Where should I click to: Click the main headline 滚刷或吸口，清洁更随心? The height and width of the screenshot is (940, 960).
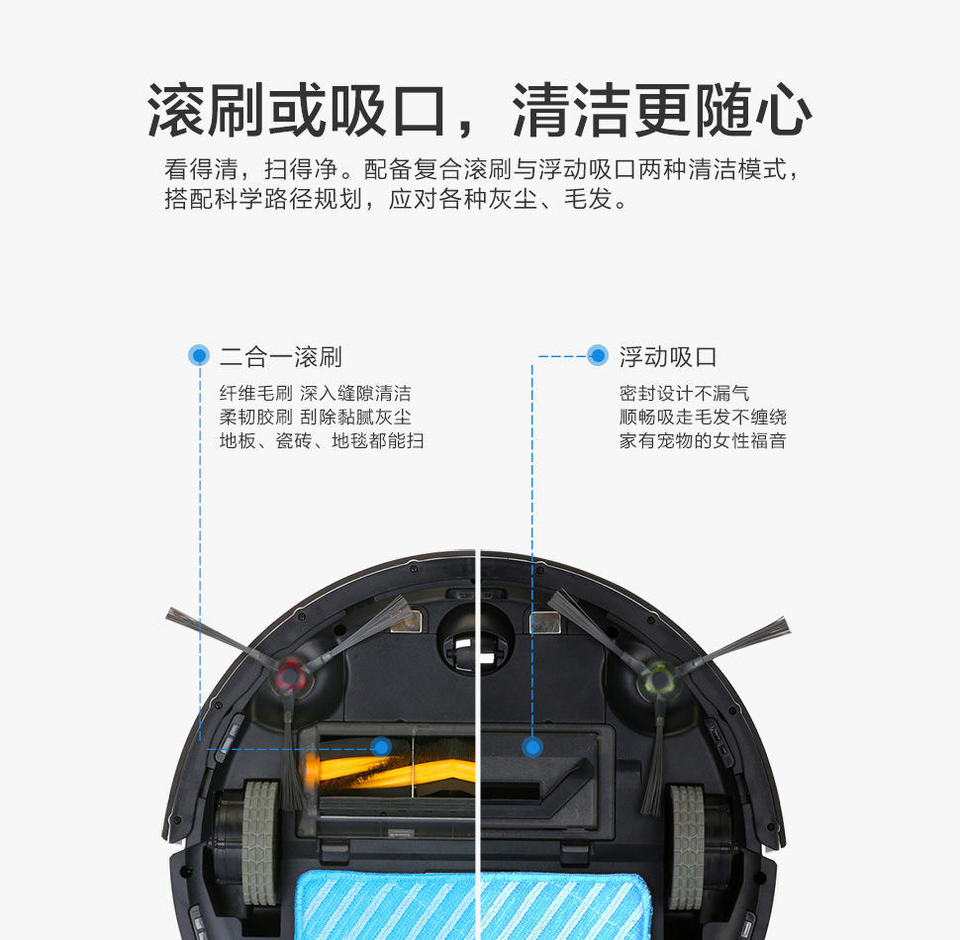click(479, 110)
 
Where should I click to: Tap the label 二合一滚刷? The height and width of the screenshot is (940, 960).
click(281, 357)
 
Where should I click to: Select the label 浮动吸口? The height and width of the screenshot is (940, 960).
click(668, 357)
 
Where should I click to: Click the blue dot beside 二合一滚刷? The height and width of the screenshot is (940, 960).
click(199, 355)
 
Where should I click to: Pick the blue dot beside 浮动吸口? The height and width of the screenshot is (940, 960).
click(598, 355)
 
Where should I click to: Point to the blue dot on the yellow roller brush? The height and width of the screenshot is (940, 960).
click(381, 747)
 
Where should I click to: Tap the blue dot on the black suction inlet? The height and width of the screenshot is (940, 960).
click(532, 747)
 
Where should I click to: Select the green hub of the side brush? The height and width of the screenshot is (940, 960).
click(660, 678)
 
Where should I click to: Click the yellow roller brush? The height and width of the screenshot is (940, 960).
click(392, 769)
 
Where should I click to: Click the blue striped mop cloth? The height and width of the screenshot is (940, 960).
click(473, 905)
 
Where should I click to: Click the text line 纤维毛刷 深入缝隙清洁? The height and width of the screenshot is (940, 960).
click(316, 393)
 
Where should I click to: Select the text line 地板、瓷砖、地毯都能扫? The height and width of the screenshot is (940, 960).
click(322, 440)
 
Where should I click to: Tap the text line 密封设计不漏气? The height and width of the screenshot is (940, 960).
click(684, 393)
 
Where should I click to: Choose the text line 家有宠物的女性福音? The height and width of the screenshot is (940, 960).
click(703, 440)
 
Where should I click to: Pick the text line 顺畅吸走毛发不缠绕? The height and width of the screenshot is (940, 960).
click(703, 417)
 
